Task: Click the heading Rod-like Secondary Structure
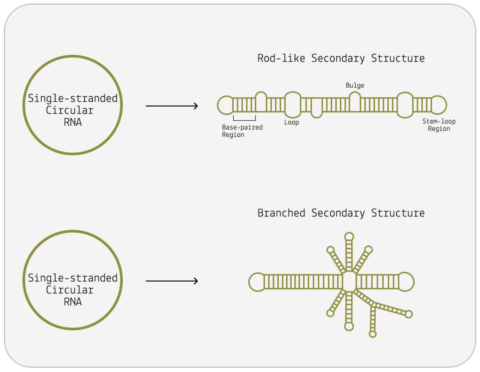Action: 341,58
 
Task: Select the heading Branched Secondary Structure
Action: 341,213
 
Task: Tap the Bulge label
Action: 355,85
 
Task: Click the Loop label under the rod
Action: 291,122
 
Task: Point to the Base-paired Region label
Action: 242,131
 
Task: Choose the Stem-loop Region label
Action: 439,125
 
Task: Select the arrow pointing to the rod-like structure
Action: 171,106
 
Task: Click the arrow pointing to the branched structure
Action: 171,281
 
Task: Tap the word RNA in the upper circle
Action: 73,122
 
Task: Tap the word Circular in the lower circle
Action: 70,290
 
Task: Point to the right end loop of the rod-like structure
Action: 439,105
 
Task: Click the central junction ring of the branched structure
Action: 349,281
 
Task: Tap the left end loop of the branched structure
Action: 257,282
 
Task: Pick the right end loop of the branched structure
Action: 406,282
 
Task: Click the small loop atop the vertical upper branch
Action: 349,237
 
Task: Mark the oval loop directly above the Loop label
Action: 292,105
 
